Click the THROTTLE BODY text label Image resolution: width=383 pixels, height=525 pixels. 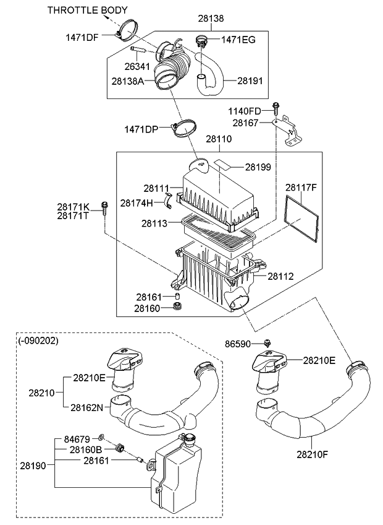[x=88, y=10]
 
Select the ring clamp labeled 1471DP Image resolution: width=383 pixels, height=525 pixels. [x=184, y=129]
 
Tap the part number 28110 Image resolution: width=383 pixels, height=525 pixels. [x=219, y=140]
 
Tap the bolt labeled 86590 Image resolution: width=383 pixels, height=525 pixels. [x=267, y=343]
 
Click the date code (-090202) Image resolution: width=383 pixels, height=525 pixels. [x=38, y=341]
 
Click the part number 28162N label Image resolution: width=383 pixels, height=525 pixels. [x=90, y=407]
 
